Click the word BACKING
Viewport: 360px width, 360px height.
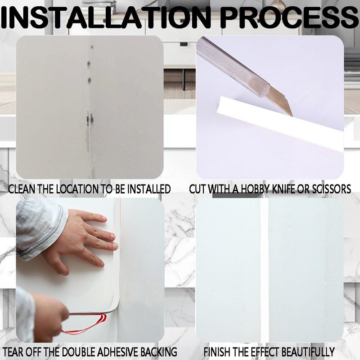[x=157, y=352]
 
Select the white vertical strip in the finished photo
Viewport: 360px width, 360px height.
[x=265, y=270]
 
